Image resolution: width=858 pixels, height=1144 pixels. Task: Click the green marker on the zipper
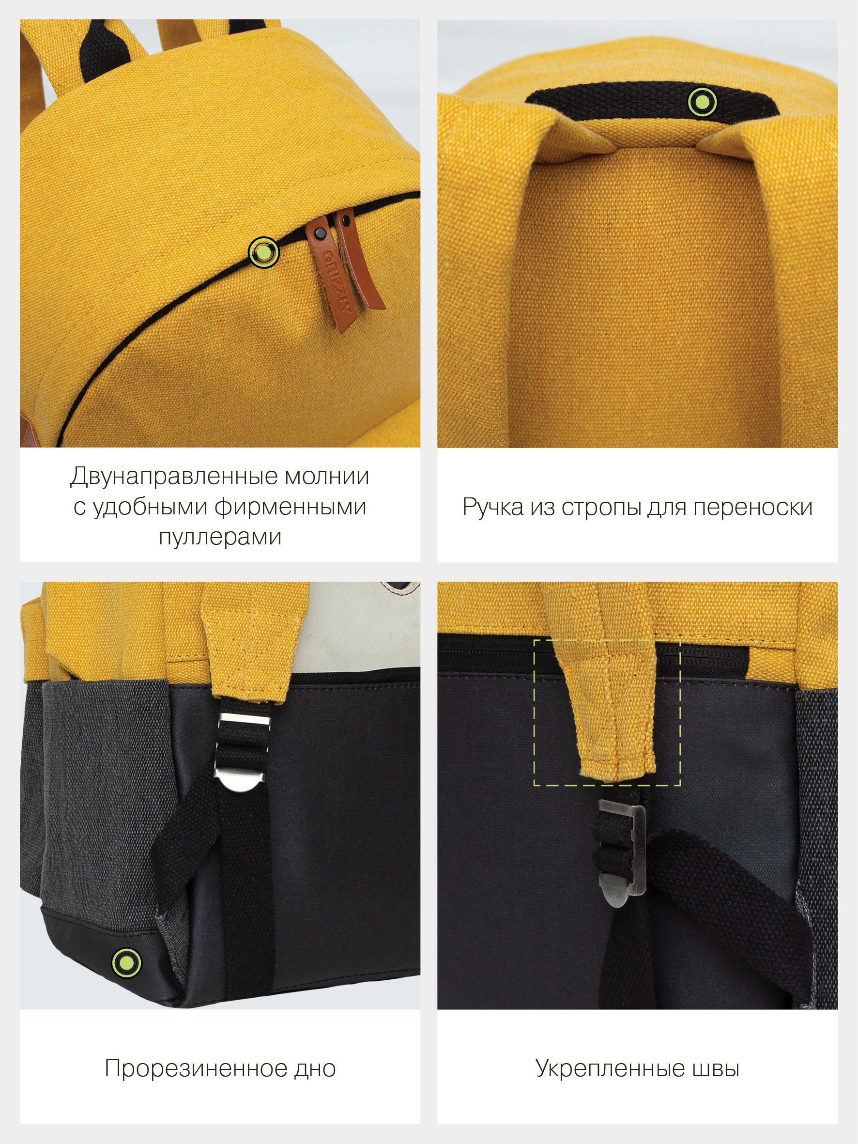(264, 252)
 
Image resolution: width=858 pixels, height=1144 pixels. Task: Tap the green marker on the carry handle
(702, 101)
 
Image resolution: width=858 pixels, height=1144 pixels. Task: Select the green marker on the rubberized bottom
(126, 962)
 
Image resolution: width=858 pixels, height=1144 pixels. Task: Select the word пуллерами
(220, 537)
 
